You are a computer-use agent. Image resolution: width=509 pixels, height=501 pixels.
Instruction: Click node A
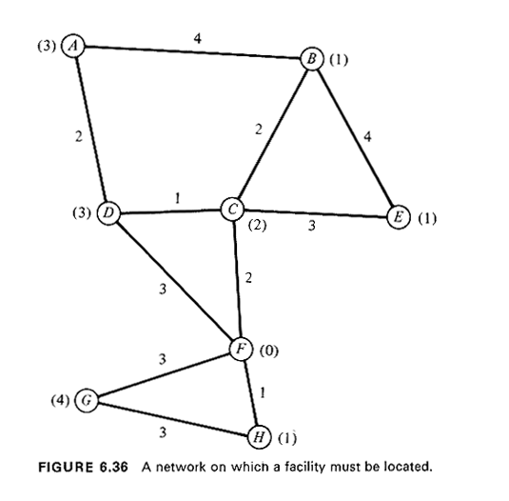tap(73, 46)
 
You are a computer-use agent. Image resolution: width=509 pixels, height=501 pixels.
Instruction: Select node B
tap(312, 59)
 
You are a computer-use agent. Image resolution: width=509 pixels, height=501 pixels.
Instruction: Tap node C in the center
tap(232, 209)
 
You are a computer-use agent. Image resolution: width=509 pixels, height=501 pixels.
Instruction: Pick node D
tap(108, 213)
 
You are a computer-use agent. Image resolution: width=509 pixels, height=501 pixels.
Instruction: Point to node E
tap(399, 217)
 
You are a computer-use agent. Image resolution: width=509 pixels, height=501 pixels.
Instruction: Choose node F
tap(241, 349)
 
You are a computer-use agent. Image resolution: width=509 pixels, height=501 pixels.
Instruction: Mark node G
tap(87, 400)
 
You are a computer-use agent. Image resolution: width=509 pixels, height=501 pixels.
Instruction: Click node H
tap(259, 437)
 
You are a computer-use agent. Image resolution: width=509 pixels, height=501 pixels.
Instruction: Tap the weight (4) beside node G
tap(60, 400)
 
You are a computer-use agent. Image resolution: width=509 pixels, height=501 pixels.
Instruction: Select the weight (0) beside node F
tap(269, 351)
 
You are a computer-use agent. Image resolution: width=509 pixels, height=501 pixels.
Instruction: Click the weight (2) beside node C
tap(257, 225)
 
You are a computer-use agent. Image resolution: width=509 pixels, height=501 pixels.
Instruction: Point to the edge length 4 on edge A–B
tap(197, 39)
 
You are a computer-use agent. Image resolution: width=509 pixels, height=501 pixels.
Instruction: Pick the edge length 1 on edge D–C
tap(177, 198)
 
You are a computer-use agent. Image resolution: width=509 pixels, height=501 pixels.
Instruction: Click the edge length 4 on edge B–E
tap(367, 136)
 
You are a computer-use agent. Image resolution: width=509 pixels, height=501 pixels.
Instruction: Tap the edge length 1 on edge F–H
tap(263, 392)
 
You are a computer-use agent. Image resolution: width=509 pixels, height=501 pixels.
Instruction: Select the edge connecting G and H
tap(173, 419)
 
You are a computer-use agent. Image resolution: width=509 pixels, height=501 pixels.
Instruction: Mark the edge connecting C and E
tap(316, 212)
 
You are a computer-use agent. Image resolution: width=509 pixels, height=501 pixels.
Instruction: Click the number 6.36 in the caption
tap(113, 467)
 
